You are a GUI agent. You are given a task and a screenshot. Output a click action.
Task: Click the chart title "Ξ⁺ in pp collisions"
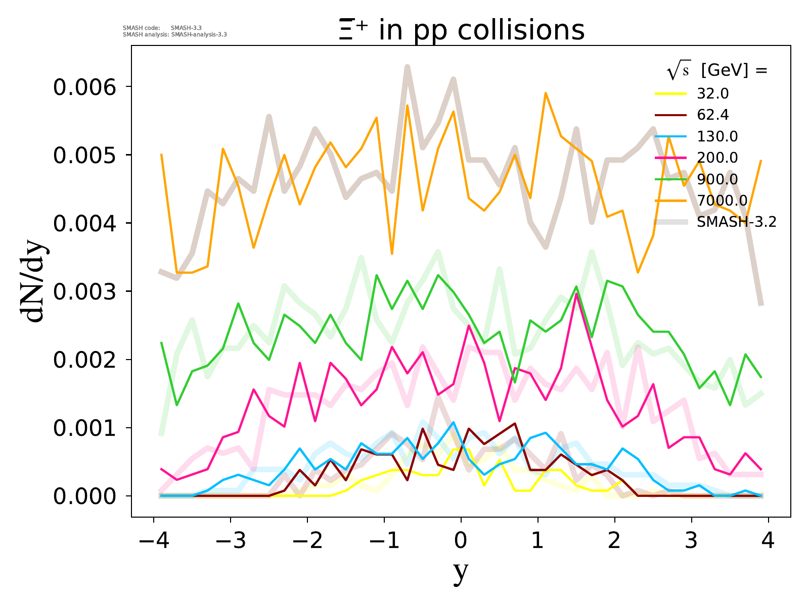point(461,30)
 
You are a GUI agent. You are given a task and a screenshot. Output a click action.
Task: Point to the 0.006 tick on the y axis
point(85,87)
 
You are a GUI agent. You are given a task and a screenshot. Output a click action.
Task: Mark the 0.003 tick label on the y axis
point(85,291)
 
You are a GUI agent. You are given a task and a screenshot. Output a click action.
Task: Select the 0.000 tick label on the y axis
point(85,496)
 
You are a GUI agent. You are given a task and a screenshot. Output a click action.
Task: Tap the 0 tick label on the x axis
point(461,541)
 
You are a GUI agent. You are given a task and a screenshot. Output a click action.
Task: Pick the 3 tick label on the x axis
point(691,541)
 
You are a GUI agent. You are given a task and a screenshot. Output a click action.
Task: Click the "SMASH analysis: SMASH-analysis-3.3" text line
point(174,35)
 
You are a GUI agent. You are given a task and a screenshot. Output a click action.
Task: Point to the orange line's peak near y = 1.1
point(546,93)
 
